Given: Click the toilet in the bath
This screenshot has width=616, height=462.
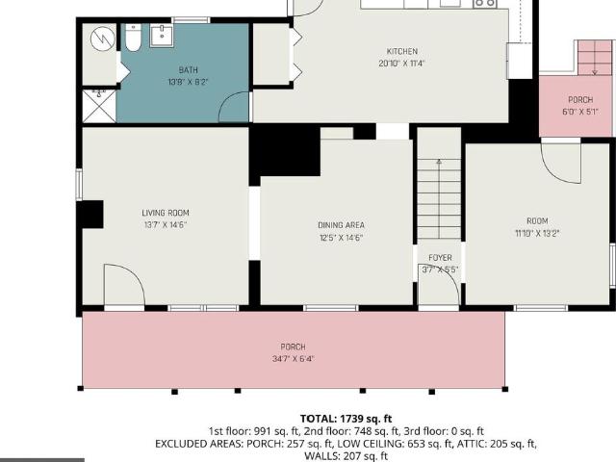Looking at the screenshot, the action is [x=133, y=38].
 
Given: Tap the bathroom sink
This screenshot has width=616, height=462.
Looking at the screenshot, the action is [x=162, y=36].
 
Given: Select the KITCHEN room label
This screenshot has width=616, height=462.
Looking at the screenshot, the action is [x=402, y=51].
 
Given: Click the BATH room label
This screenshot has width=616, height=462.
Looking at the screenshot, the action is [x=189, y=70].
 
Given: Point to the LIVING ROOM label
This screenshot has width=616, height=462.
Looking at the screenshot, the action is [x=166, y=213].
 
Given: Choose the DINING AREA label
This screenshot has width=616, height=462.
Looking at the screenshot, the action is [x=341, y=225].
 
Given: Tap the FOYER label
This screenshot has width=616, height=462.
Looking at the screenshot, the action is [x=440, y=258].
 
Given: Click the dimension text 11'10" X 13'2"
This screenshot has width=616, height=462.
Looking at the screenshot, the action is [x=537, y=233].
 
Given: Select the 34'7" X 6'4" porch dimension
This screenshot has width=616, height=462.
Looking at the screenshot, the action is [x=293, y=359].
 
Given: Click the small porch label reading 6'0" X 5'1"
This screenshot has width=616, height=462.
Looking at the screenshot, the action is [x=580, y=112].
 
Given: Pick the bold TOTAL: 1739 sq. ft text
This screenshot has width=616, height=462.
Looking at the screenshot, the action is [x=346, y=419].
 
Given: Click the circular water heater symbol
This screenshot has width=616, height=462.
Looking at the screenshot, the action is [x=103, y=38].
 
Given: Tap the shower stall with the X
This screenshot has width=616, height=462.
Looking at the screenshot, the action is [x=99, y=106].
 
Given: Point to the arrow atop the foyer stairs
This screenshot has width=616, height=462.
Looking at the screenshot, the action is [x=439, y=162].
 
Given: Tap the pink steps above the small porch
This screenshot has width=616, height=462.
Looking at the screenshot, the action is [x=595, y=58].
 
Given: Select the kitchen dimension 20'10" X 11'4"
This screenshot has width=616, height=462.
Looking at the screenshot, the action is [x=402, y=64].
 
